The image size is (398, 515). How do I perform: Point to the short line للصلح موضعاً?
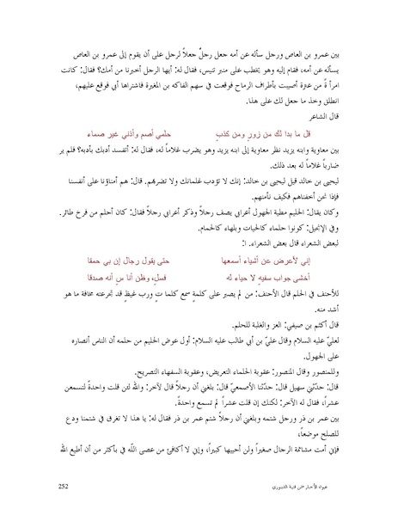tap(321, 436)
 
